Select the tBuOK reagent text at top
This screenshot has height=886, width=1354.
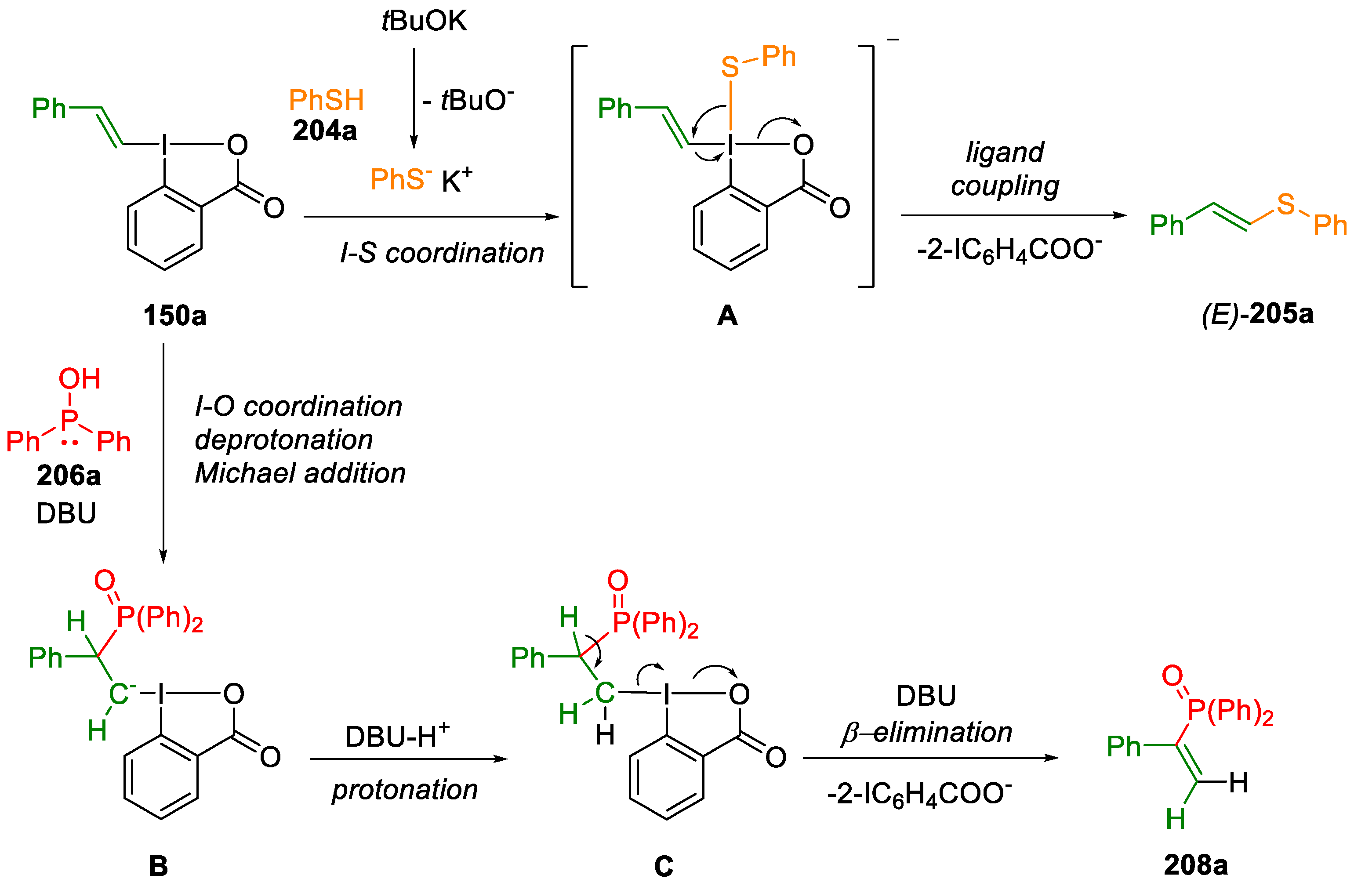pos(424,21)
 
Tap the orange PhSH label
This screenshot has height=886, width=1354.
pos(326,100)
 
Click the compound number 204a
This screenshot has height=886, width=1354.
pos(325,131)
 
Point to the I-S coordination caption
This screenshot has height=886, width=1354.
pos(442,253)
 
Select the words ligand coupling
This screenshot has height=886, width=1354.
pos(1005,169)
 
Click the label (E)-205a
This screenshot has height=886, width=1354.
pos(1257,313)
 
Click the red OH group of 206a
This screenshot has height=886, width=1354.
pos(80,379)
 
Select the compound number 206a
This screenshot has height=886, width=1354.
pos(69,475)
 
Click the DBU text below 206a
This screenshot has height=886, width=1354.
pos(66,513)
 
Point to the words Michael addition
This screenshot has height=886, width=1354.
pos(300,473)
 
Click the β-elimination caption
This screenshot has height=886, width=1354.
pos(927,732)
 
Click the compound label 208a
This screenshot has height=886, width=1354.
pos(1195,865)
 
